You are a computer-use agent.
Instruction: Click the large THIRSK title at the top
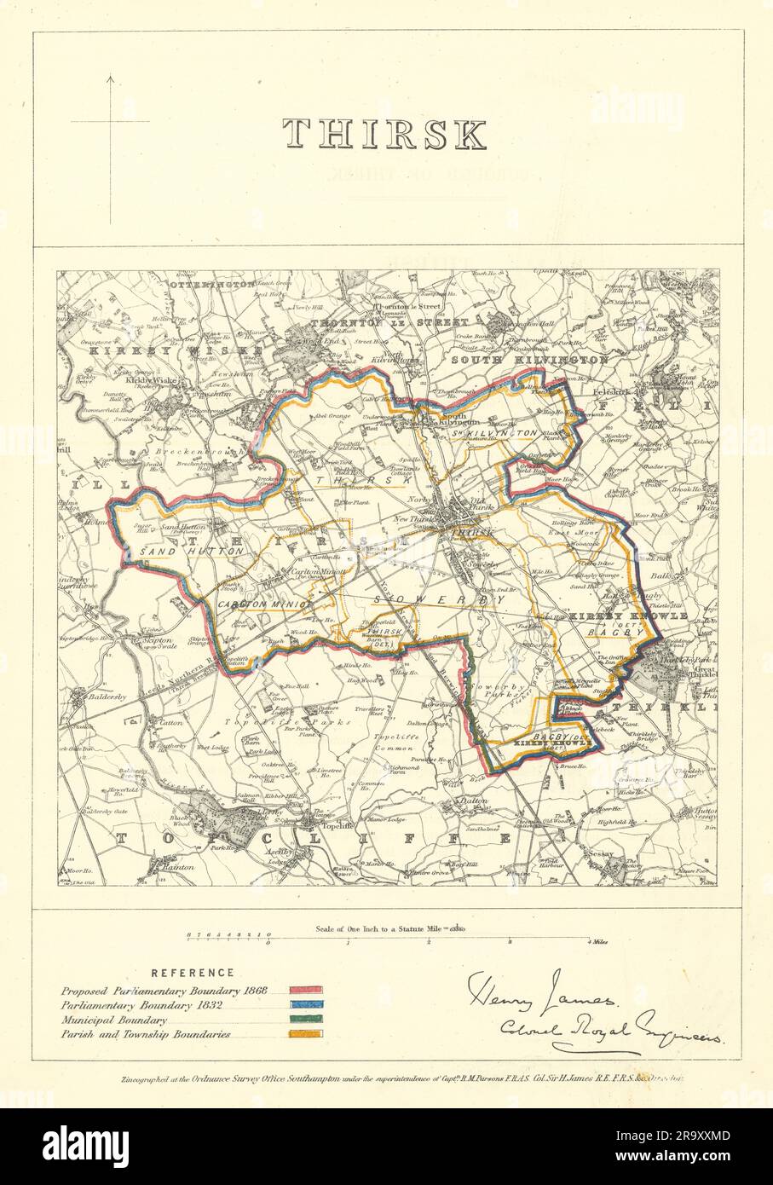coord(385,135)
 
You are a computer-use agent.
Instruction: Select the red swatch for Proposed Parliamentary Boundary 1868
coord(306,991)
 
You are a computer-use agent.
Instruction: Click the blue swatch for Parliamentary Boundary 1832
coord(306,1005)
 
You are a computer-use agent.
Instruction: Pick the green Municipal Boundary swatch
coord(306,1020)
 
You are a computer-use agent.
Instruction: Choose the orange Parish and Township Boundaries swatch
coord(306,1034)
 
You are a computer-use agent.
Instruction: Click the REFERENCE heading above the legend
coord(193,973)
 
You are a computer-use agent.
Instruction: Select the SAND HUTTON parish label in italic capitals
coord(169,552)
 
